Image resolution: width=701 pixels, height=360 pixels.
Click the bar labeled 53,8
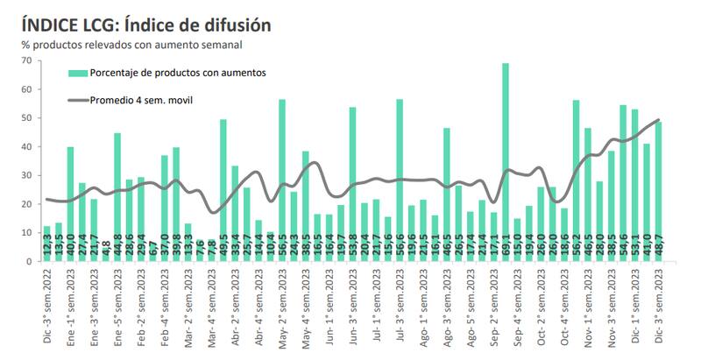[353, 184]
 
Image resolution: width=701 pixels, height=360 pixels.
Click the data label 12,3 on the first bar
[47, 248]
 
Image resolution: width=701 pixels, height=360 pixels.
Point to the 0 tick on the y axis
[29, 261]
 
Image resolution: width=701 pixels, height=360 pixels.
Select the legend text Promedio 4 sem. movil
[141, 100]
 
